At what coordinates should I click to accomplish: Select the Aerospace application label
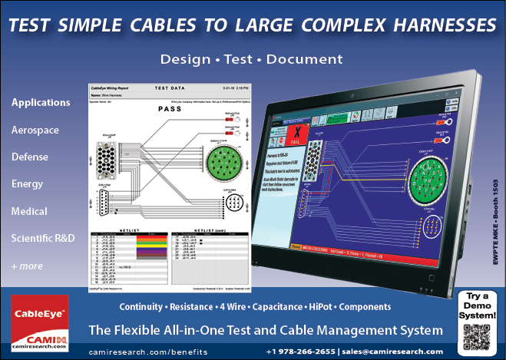[x=35, y=130]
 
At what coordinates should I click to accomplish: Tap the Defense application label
[x=30, y=157]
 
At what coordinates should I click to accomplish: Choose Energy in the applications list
[x=28, y=183]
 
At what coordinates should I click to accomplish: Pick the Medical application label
[x=29, y=211]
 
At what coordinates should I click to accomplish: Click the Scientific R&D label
[x=43, y=238]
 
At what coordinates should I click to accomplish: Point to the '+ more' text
[x=28, y=266]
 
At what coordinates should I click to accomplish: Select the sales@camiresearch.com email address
[x=392, y=352]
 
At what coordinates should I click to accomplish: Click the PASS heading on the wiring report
[x=169, y=109]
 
